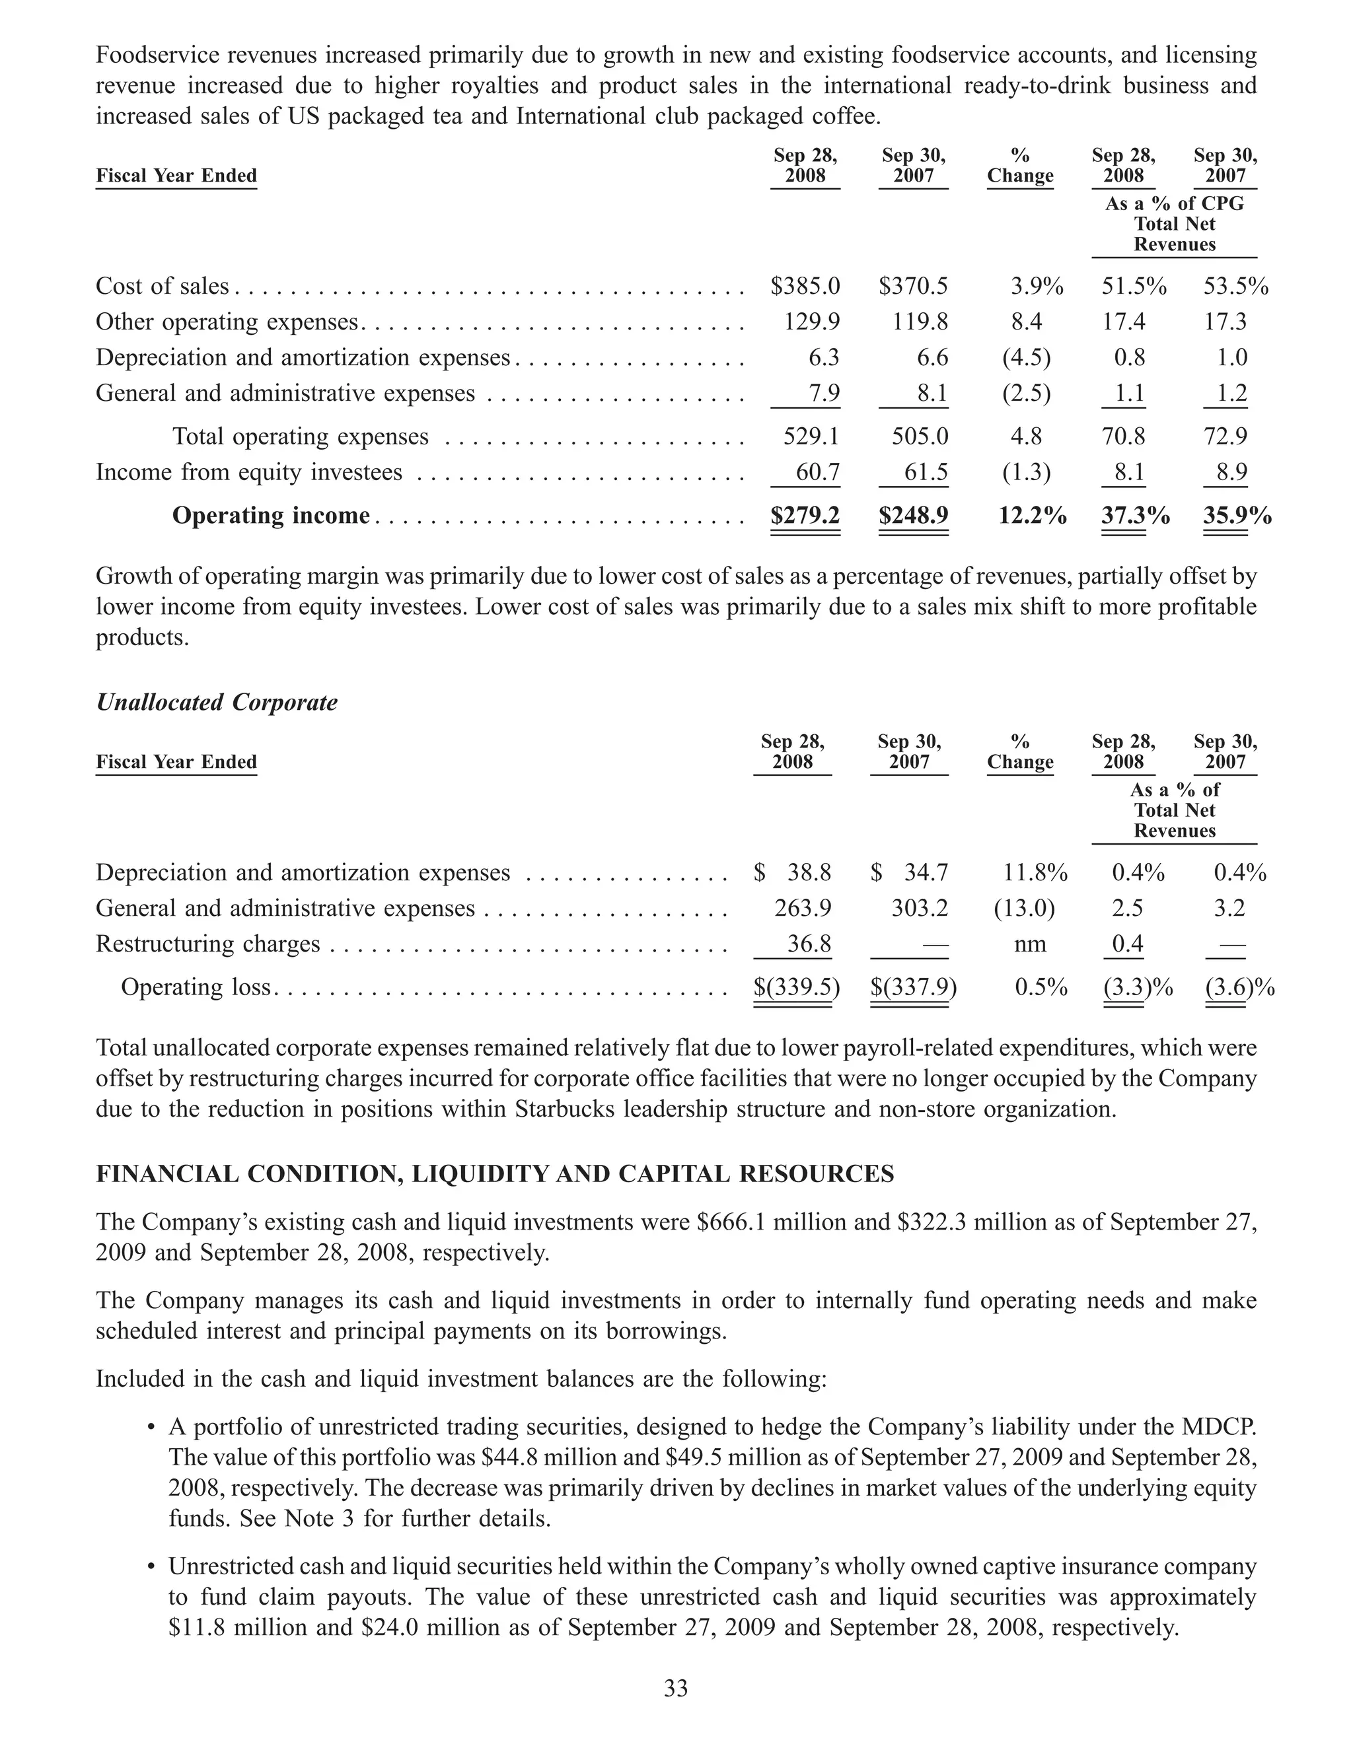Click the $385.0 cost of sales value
805,287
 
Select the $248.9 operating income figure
914,516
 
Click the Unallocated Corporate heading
216,702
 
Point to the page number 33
676,1689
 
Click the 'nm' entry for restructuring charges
1030,944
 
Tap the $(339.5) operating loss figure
796,987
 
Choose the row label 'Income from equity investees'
249,472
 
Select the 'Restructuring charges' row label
207,944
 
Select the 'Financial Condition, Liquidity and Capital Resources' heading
495,1174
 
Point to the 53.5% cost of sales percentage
1235,287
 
